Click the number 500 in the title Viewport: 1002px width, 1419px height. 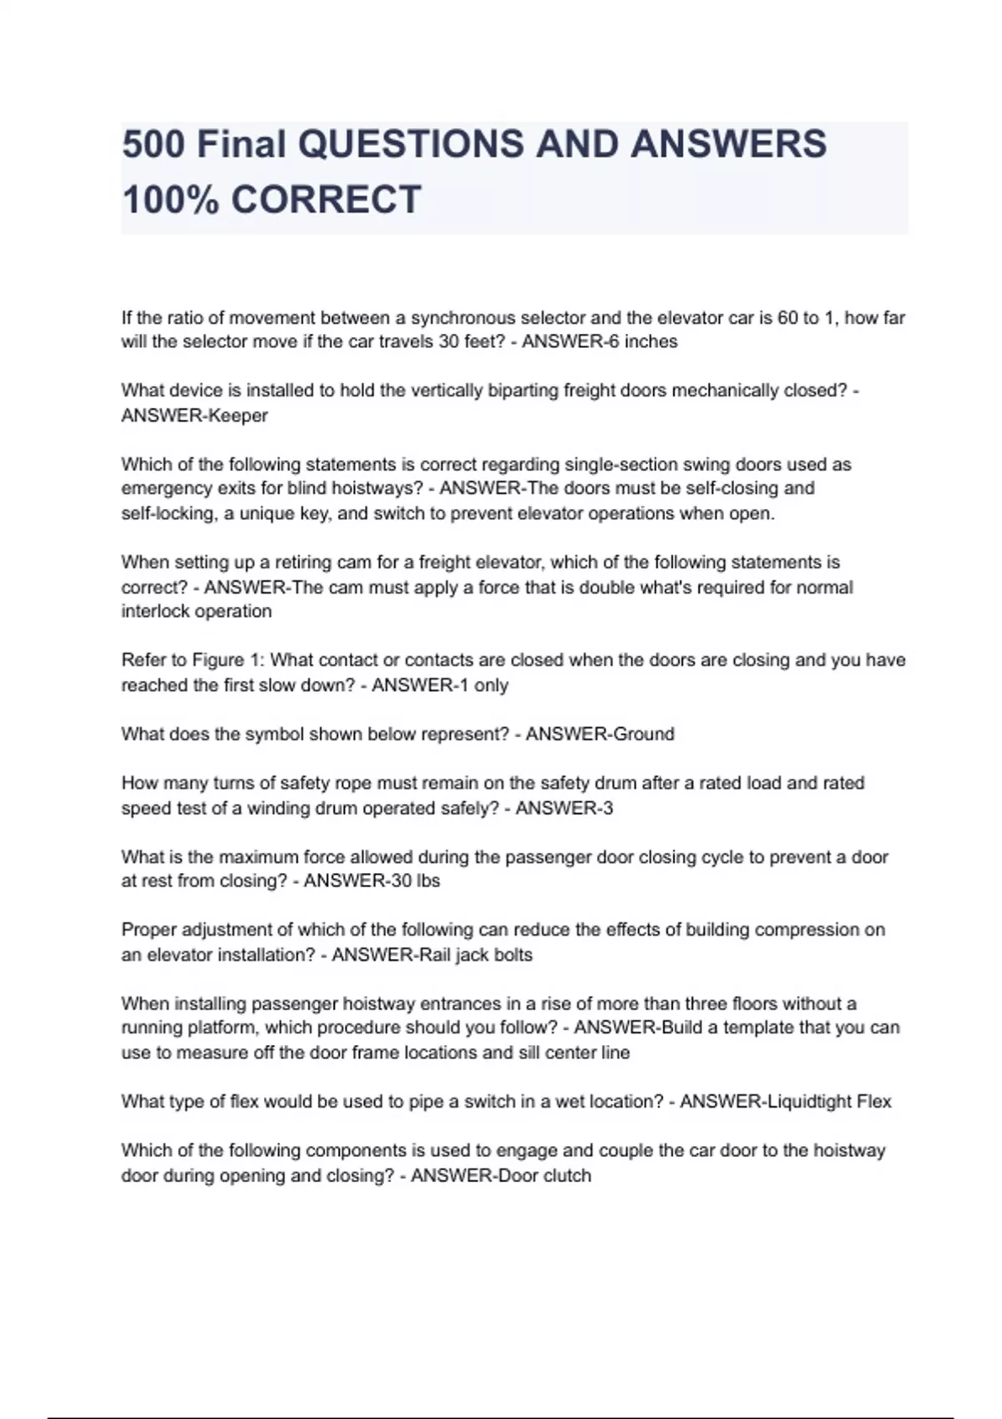pyautogui.click(x=153, y=144)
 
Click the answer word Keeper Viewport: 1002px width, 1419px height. pyautogui.click(x=238, y=416)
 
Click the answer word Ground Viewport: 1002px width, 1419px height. pyautogui.click(x=643, y=735)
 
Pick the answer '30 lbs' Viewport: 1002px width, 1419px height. pyautogui.click(x=414, y=881)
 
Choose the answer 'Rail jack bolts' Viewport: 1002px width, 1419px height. pyautogui.click(x=473, y=955)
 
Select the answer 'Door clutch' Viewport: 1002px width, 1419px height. pyautogui.click(x=545, y=1176)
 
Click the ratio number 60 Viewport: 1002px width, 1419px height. pyautogui.click(x=787, y=317)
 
